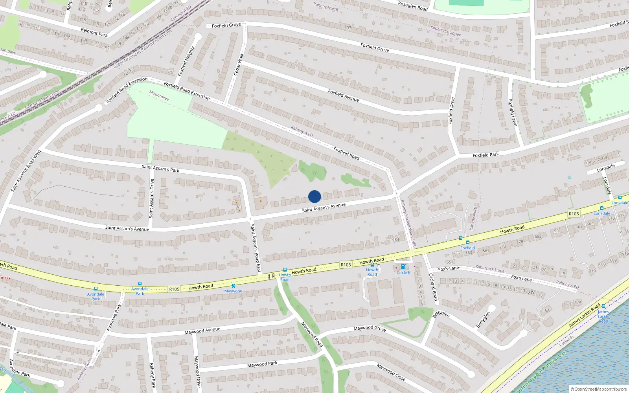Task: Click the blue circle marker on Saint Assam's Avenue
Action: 314,196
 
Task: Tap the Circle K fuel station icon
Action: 403,267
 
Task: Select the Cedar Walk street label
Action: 239,64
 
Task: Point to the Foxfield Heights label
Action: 186,61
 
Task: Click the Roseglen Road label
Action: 413,6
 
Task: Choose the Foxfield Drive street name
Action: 452,111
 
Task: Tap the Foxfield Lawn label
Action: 512,112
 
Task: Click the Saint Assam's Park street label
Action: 160,169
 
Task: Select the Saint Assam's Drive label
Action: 151,198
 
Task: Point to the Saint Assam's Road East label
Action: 256,248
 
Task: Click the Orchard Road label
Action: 433,287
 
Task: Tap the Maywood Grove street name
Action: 369,328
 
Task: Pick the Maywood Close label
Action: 391,372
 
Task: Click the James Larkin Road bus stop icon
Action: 603,306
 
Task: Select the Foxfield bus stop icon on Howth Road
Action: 468,242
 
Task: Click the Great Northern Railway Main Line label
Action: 142,49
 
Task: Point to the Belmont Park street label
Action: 94,33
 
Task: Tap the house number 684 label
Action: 395,239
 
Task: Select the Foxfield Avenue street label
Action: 343,95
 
